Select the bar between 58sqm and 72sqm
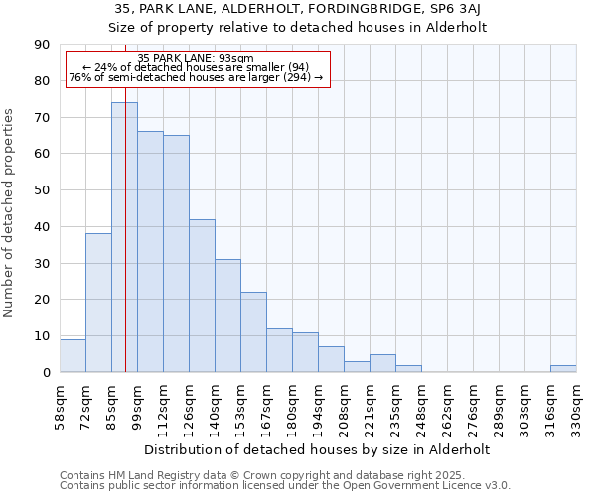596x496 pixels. pyautogui.click(x=73, y=356)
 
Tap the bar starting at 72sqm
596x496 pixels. pyautogui.click(x=98, y=303)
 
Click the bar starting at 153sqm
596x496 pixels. pyautogui.click(x=253, y=332)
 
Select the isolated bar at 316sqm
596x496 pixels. pyautogui.click(x=563, y=368)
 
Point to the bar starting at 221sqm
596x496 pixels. pyautogui.click(x=382, y=363)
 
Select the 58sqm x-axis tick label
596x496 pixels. pyautogui.click(x=61, y=408)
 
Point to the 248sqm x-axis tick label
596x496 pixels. pyautogui.click(x=422, y=408)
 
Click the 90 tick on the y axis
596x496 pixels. pyautogui.click(x=42, y=45)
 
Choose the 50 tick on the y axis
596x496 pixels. pyautogui.click(x=42, y=190)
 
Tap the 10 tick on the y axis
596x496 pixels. pyautogui.click(x=42, y=336)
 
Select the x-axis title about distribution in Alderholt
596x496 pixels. pyautogui.click(x=317, y=449)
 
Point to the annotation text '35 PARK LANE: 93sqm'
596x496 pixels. pyautogui.click(x=196, y=59)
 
